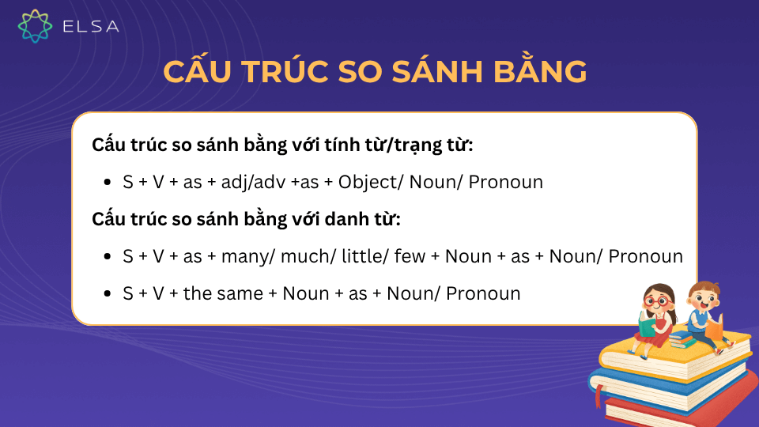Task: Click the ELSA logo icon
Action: (x=35, y=25)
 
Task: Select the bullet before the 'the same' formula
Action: (x=108, y=294)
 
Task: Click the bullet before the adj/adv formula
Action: (x=108, y=183)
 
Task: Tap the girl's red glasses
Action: (x=656, y=301)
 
